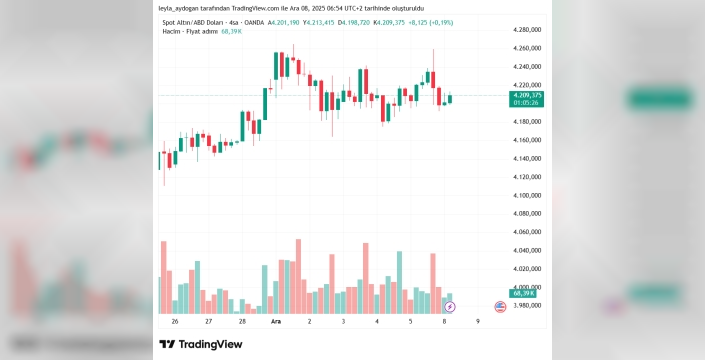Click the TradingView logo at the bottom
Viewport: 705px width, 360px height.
click(x=201, y=344)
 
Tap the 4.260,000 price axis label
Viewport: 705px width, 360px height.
click(x=527, y=48)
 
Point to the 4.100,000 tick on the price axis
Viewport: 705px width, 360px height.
click(x=527, y=195)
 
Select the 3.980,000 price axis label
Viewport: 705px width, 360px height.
click(x=527, y=306)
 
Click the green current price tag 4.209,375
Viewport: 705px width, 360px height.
click(x=526, y=99)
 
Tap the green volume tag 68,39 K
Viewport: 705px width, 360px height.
click(x=522, y=293)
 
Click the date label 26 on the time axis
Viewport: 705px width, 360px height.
click(x=175, y=321)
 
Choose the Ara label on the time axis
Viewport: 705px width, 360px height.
click(x=276, y=321)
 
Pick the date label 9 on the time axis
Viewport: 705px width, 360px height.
click(x=478, y=321)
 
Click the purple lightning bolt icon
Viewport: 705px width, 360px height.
click(x=450, y=307)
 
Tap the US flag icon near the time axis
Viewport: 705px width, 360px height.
click(x=500, y=307)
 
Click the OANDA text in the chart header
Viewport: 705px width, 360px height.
click(x=254, y=22)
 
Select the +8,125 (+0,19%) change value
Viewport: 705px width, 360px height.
click(x=430, y=22)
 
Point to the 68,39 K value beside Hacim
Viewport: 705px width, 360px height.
click(x=232, y=31)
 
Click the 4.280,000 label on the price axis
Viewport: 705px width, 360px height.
click(x=527, y=30)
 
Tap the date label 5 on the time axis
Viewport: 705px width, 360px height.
click(x=411, y=321)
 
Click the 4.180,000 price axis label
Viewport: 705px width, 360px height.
click(x=527, y=122)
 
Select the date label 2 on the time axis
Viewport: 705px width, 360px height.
click(x=309, y=321)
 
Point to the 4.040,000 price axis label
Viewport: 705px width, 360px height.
click(x=527, y=250)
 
